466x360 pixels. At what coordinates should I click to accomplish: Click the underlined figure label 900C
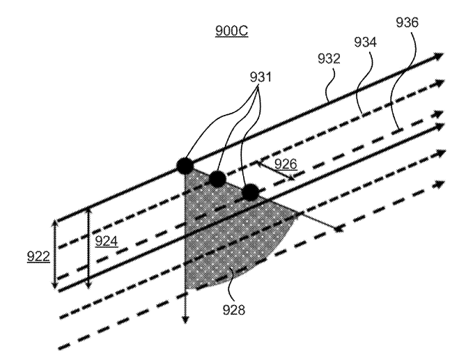coord(231,31)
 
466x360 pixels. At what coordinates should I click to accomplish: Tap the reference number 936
coord(407,22)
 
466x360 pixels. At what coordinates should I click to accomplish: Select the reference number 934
coord(365,42)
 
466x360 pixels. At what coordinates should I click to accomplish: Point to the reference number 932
coord(329,58)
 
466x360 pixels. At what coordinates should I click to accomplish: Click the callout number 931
coord(261,77)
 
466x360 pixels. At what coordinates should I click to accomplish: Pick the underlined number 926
coord(286,164)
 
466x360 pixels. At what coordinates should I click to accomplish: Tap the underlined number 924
coord(107,241)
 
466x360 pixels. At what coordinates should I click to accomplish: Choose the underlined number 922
coord(38,256)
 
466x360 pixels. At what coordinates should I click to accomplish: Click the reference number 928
coord(234,310)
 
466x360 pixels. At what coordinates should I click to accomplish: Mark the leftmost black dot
coord(185,166)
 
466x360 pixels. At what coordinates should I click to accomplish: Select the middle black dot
coord(217,179)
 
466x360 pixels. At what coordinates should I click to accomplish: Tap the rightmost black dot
coord(251,192)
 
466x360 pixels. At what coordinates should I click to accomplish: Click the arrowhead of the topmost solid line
coord(440,56)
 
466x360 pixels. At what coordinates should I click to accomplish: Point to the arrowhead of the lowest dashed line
coord(440,184)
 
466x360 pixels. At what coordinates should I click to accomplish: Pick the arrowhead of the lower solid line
coord(440,126)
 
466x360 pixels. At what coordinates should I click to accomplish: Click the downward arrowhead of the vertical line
coord(185,320)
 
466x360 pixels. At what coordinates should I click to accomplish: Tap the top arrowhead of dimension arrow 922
coord(54,223)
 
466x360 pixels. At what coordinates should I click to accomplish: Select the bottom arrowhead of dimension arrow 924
coord(88,285)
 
